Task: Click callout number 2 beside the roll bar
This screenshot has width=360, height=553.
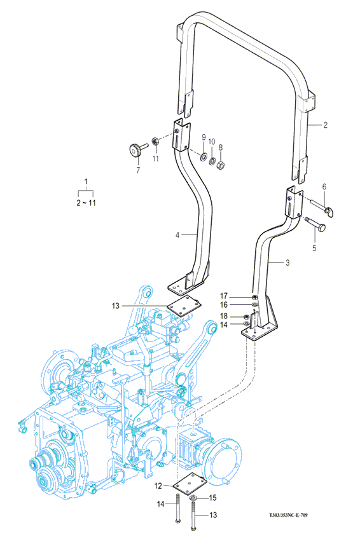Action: (325, 125)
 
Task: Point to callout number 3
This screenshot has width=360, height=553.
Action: (287, 263)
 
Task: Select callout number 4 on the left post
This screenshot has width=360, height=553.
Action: (177, 235)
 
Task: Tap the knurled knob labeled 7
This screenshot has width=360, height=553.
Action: (134, 150)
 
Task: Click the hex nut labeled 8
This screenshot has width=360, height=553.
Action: (220, 165)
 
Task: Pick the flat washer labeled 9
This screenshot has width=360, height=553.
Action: (204, 156)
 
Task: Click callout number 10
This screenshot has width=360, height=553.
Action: (211, 142)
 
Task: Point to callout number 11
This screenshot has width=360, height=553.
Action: (156, 159)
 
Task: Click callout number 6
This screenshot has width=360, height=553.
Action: (324, 187)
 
